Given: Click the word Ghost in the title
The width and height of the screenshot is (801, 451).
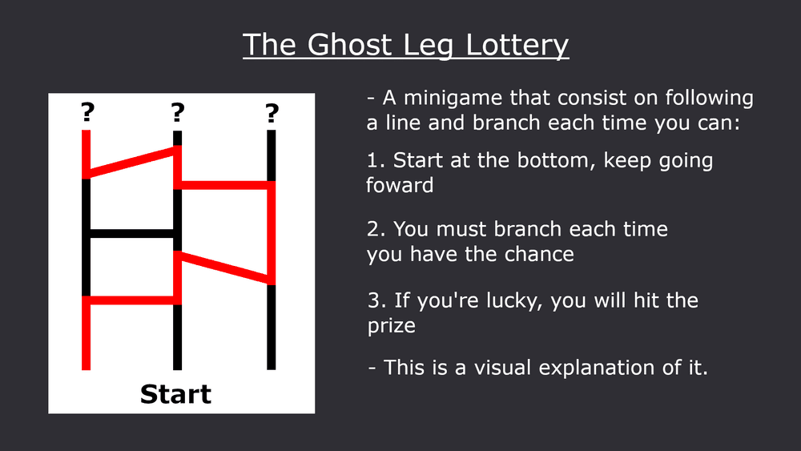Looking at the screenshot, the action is point(349,44).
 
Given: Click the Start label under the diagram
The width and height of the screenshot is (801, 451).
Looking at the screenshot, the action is point(175,394).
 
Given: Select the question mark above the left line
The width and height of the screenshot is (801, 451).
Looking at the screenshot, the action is point(87,112).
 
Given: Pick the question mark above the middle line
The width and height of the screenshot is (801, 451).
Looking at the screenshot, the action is point(177,112).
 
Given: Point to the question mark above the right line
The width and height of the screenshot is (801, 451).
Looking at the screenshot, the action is point(272,113).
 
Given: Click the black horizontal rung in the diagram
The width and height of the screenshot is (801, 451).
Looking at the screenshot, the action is point(132,233).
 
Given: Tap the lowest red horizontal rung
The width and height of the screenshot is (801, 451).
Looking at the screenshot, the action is point(132,300).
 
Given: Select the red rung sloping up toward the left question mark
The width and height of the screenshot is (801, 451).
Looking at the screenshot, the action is point(132,163).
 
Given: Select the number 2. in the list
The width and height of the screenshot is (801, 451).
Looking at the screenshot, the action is point(376,229).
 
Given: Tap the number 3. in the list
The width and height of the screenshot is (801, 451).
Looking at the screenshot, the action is point(376,300).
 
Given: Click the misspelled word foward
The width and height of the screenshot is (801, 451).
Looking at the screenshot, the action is point(400,185).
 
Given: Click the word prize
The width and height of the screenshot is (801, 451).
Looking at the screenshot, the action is point(392,326).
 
